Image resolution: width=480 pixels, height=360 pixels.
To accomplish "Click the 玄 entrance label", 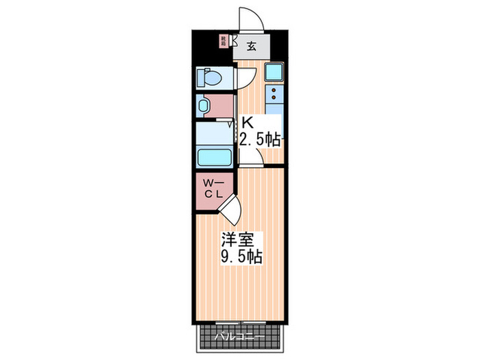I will [251, 47].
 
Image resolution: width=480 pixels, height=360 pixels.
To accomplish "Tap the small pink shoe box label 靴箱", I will [223, 40].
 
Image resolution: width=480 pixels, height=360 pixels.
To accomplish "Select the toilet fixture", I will [208, 77].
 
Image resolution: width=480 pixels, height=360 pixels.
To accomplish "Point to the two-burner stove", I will [274, 94].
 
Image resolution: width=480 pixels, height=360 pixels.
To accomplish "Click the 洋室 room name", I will [237, 241].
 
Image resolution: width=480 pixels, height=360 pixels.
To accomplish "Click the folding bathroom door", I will [232, 123].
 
